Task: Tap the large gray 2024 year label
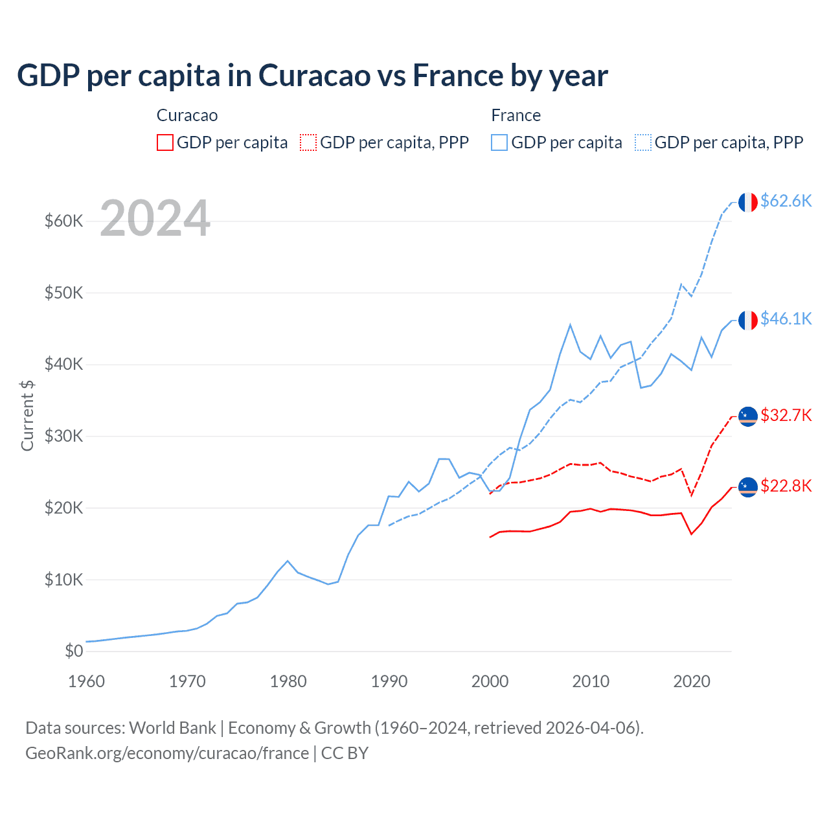155,219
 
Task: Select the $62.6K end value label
786,201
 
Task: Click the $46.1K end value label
786,319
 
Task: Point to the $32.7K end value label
786,415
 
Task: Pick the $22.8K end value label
786,486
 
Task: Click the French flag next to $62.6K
748,202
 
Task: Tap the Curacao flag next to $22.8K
748,486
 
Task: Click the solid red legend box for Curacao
165,142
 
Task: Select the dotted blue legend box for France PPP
643,142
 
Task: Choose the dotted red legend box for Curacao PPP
308,142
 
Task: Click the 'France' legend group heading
516,115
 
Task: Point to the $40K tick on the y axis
63,364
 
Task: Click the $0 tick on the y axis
74,651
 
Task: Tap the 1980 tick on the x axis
288,681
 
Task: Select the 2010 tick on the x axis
591,681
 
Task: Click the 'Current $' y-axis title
27,415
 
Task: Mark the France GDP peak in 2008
570,324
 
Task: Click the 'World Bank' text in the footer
172,728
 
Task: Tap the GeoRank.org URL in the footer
167,753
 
